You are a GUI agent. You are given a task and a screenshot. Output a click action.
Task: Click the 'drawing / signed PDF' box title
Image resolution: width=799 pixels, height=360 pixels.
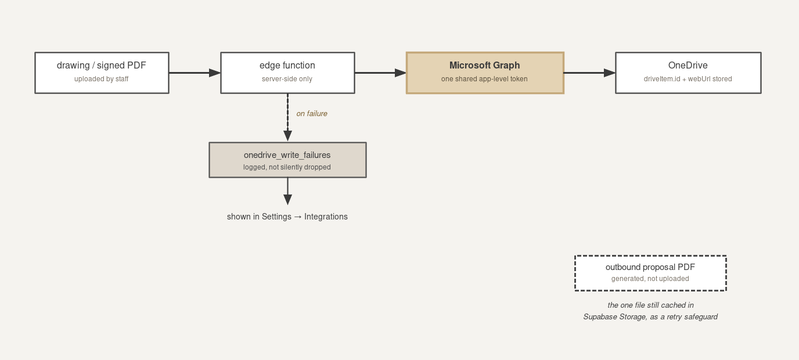click(101, 66)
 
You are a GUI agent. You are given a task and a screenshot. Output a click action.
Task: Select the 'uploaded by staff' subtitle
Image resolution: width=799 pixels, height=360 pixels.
click(101, 79)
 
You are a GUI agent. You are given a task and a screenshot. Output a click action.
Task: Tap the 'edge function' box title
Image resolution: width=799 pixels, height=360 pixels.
click(287, 65)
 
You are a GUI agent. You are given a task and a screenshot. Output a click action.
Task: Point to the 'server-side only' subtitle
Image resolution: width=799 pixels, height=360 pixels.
click(287, 79)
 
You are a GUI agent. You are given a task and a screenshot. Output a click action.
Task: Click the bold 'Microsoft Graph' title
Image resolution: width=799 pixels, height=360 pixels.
click(484, 66)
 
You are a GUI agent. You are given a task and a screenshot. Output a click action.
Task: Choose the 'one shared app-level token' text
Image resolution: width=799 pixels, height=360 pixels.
click(484, 79)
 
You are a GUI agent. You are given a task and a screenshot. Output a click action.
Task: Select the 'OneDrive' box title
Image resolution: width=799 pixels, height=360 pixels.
click(688, 65)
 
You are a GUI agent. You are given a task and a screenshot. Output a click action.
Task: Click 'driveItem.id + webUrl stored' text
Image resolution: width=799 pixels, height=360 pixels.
click(688, 79)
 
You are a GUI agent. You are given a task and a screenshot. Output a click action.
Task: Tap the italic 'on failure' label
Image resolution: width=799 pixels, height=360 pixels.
click(312, 113)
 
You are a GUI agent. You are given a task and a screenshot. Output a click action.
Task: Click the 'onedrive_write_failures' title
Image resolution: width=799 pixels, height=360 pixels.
click(287, 155)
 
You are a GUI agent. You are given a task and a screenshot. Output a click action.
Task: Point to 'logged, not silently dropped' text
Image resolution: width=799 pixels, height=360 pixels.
click(287, 167)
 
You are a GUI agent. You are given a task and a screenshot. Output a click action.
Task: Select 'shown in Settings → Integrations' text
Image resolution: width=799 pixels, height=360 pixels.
click(287, 217)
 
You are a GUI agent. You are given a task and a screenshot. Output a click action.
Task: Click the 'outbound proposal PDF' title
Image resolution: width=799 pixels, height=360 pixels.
click(650, 267)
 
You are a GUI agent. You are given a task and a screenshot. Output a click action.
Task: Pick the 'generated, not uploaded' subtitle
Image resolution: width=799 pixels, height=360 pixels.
click(650, 279)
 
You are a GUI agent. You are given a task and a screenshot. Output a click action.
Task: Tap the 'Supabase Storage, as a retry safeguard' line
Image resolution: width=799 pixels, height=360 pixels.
click(650, 317)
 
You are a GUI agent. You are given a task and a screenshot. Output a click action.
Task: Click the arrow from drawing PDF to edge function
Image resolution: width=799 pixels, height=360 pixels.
click(195, 73)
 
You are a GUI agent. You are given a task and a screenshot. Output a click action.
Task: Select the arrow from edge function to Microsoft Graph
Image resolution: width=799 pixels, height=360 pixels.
click(380, 73)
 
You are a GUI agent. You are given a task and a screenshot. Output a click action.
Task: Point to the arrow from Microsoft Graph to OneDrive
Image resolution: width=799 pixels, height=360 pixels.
click(589, 73)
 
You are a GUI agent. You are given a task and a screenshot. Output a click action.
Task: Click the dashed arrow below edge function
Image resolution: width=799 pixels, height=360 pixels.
click(288, 117)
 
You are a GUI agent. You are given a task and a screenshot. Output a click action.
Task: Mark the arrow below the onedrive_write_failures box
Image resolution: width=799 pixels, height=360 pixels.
click(288, 191)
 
